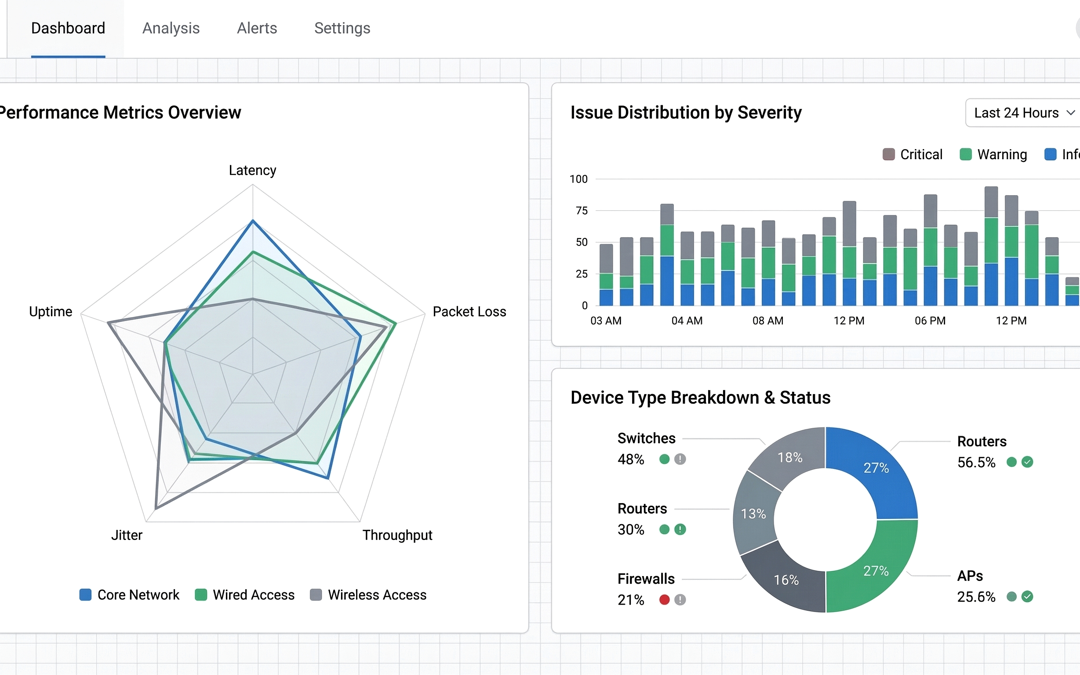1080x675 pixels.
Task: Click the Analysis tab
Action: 171,28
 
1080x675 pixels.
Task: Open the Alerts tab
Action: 257,28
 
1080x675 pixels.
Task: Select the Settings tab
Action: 342,28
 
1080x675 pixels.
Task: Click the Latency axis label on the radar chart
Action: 252,170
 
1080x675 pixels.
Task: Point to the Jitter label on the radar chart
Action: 127,535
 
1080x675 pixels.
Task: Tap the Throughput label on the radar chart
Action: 397,535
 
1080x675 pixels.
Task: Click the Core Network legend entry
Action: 129,595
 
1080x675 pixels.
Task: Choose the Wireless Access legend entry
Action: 368,595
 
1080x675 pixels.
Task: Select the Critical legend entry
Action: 913,154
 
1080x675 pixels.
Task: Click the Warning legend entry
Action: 993,154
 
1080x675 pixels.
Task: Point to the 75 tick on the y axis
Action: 582,211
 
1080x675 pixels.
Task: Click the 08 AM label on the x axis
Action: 767,321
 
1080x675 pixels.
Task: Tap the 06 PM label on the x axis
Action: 930,321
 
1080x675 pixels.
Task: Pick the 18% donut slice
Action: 789,457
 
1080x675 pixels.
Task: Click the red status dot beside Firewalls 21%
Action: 664,599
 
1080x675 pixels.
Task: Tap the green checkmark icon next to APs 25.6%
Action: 1027,596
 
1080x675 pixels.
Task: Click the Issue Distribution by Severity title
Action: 685,113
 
